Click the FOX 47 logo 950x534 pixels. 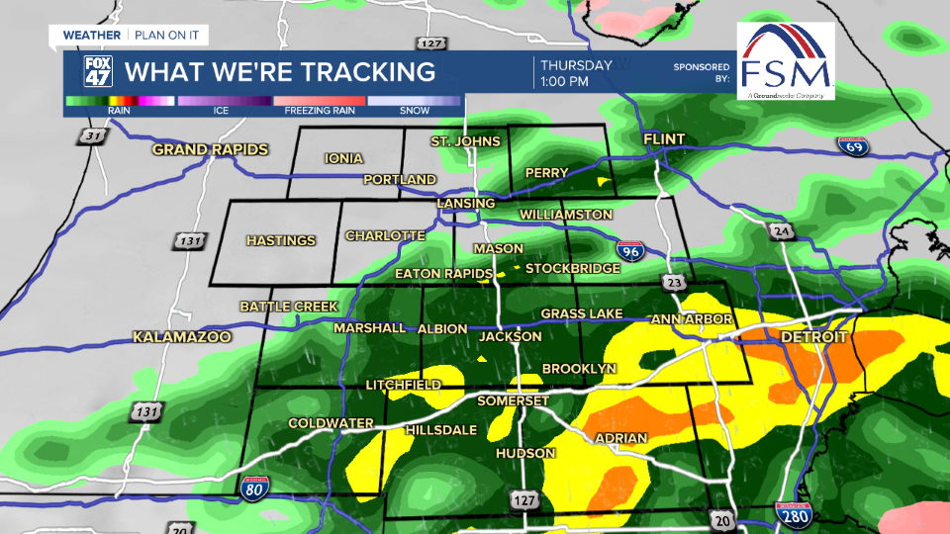[x=97, y=71]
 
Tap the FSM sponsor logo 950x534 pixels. [x=786, y=61]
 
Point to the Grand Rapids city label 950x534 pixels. [x=210, y=150]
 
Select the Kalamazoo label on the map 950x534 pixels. [x=182, y=338]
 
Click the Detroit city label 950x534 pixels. [x=813, y=338]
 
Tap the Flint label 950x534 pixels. [x=664, y=138]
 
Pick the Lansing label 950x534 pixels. [x=466, y=204]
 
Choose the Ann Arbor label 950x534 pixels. [x=692, y=319]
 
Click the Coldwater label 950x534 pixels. [x=331, y=423]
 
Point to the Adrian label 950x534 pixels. [x=620, y=438]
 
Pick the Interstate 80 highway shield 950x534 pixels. [x=254, y=486]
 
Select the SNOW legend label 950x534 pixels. [x=415, y=111]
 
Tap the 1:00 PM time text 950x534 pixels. [x=565, y=81]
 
